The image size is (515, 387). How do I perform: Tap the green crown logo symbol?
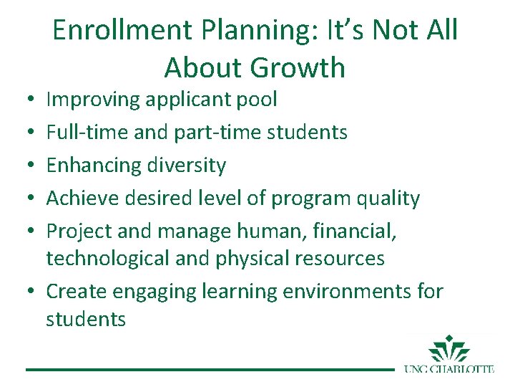tap(449, 349)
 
